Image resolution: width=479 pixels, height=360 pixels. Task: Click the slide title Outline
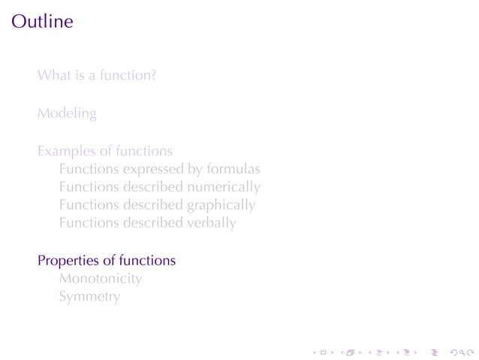(42, 21)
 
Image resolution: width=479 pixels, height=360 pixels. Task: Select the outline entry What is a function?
(97, 75)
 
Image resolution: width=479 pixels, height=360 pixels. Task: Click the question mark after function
(153, 75)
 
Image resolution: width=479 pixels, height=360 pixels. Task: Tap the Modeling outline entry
(67, 114)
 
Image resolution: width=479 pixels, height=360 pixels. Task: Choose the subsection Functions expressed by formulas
(159, 169)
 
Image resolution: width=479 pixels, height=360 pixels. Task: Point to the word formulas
(233, 169)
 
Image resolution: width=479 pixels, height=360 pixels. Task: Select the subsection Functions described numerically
(159, 187)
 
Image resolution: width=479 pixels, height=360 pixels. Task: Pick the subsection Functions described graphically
(157, 205)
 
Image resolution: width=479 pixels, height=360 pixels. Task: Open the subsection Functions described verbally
(147, 223)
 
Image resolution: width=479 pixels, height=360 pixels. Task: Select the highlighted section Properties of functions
(107, 261)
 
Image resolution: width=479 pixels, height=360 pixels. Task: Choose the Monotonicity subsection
(101, 279)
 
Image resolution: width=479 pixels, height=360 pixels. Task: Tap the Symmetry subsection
(89, 297)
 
